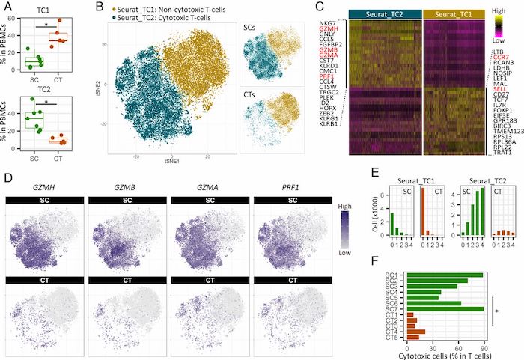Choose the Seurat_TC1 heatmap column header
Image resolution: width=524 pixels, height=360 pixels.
pos(454,14)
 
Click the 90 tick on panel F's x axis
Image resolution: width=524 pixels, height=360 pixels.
pos(483,347)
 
